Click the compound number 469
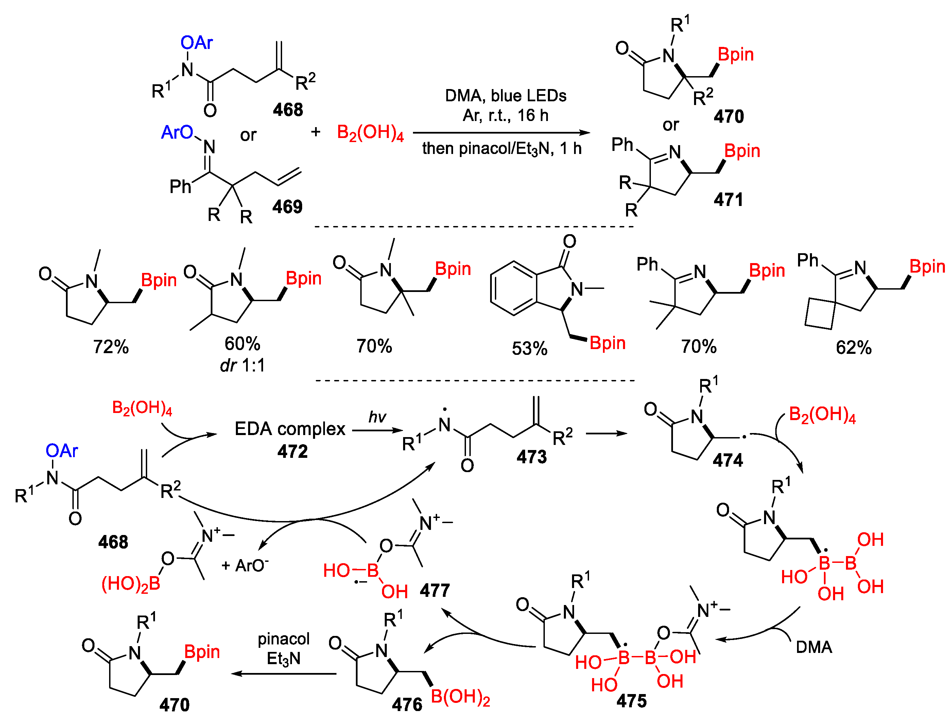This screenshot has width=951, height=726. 287,207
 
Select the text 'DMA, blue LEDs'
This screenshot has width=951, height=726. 505,96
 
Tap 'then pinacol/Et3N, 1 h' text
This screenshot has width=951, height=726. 502,149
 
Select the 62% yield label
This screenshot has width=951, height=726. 853,347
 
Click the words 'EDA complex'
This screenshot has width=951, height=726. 290,429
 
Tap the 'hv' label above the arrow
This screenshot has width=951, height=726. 377,417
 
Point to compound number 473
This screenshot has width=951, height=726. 532,457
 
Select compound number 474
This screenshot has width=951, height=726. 728,460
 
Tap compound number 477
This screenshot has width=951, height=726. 435,590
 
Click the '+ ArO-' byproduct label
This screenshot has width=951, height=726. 245,565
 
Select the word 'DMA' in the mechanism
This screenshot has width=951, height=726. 814,647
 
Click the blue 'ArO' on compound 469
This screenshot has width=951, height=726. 177,132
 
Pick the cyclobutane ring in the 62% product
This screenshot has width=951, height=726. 820,313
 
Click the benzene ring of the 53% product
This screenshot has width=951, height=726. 514,288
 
